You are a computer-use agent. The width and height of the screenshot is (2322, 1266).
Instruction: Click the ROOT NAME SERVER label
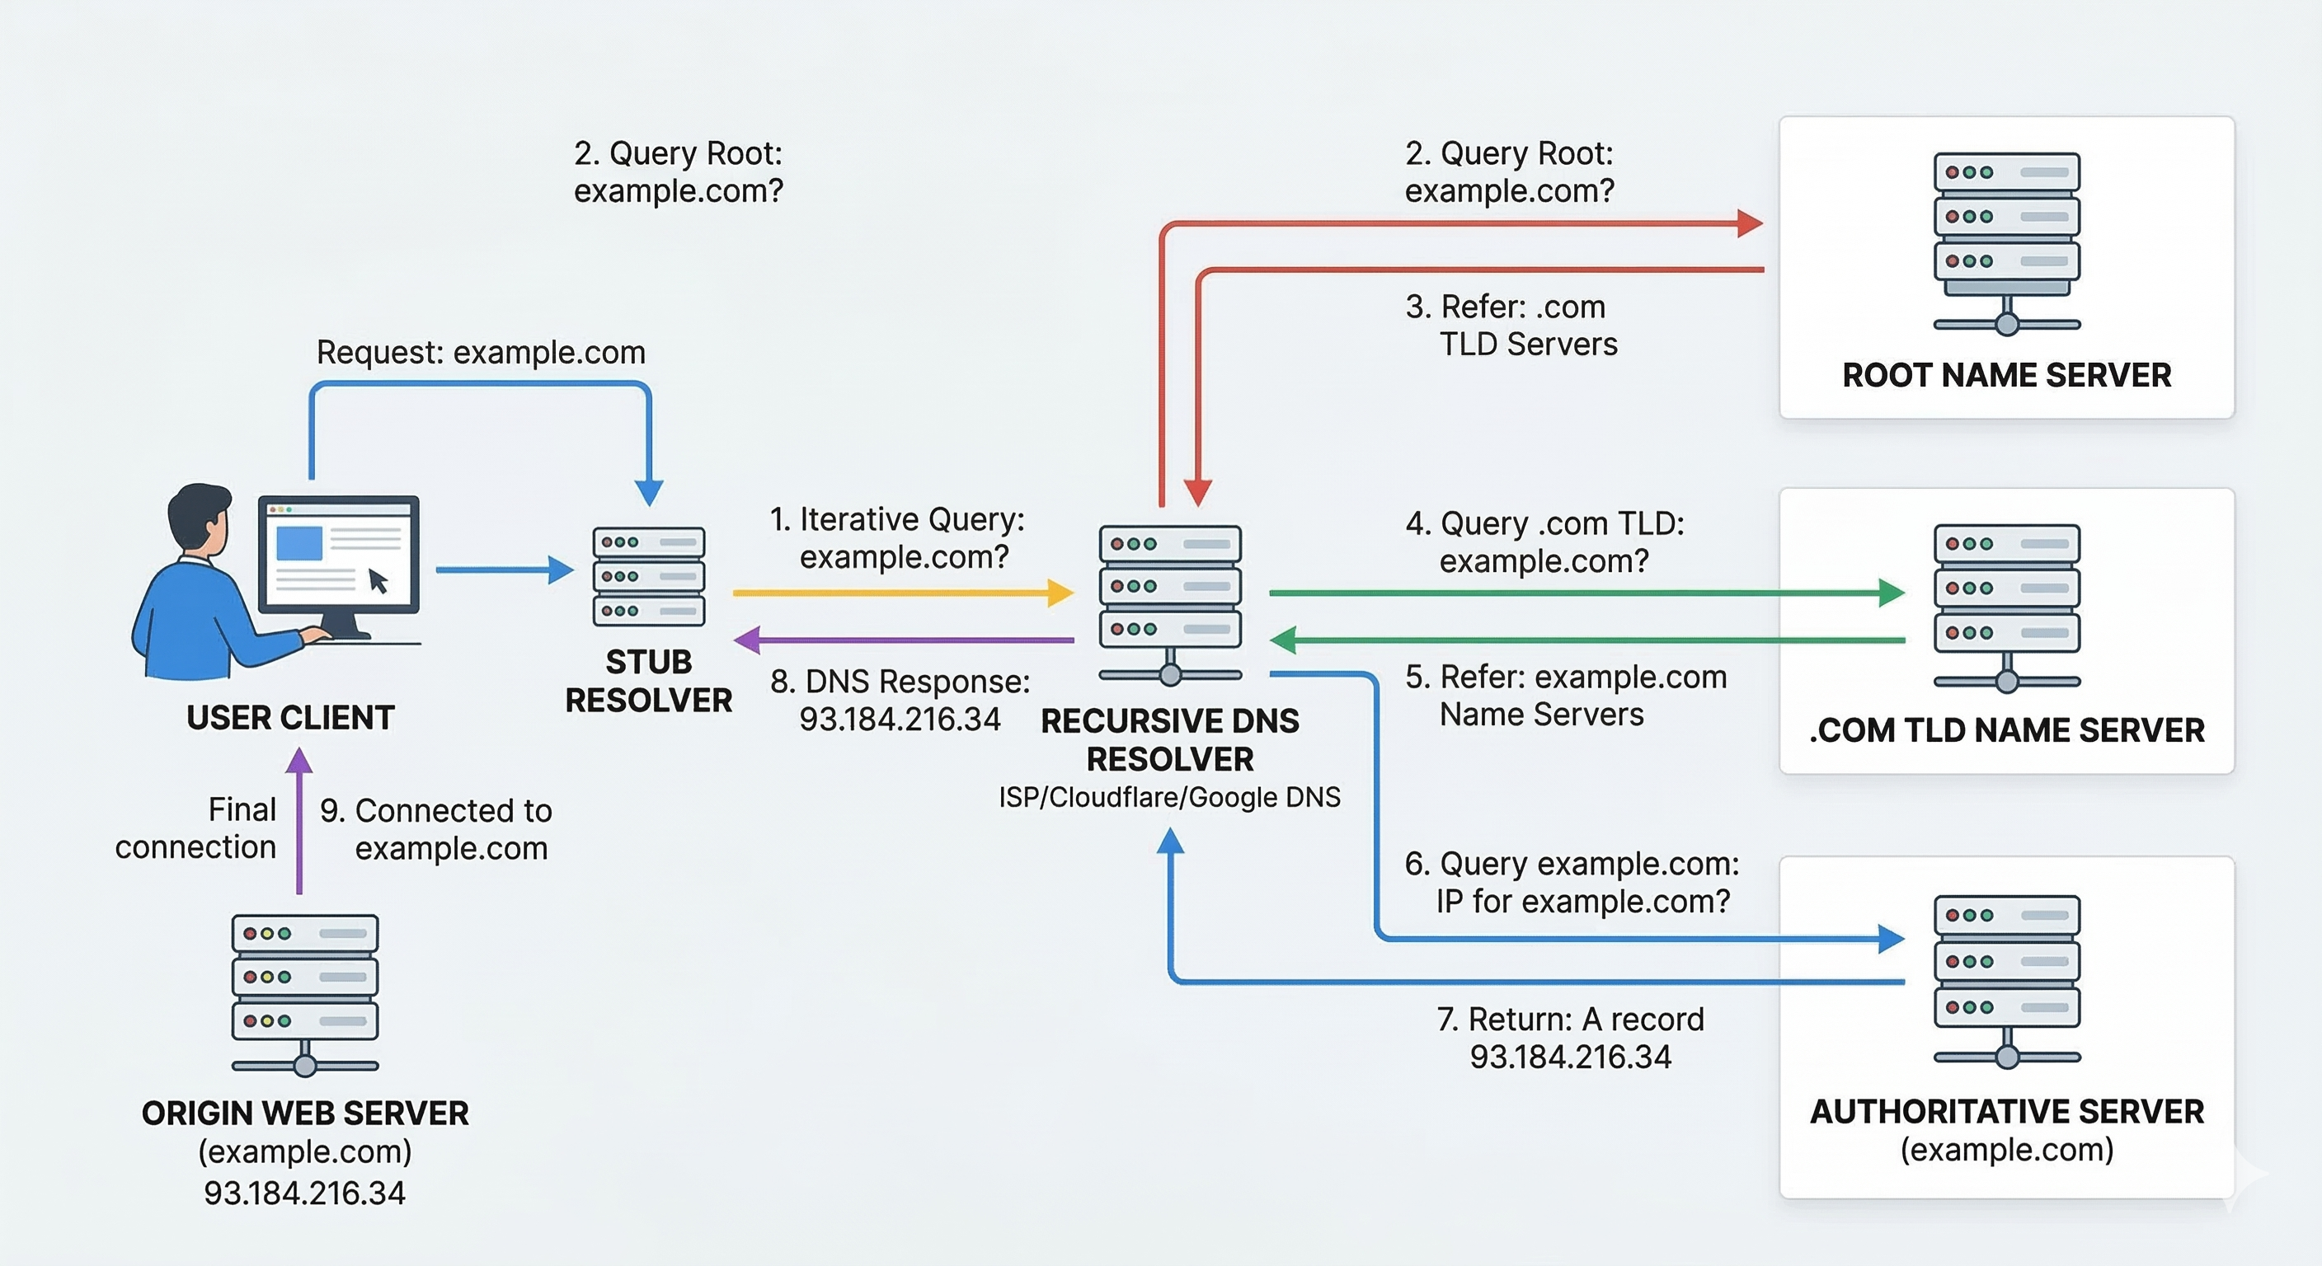pyautogui.click(x=2005, y=375)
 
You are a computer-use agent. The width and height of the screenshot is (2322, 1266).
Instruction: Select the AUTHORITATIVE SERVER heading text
pyautogui.click(x=2005, y=1111)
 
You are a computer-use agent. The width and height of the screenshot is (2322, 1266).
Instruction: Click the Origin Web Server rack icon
pyautogui.click(x=304, y=992)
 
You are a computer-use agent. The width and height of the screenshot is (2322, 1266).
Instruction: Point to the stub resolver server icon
pyautogui.click(x=648, y=577)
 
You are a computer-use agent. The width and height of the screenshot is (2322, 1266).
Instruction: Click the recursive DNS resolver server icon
pyautogui.click(x=1169, y=599)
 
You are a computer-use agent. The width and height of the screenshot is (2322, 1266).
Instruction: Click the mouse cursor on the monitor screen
pyautogui.click(x=378, y=581)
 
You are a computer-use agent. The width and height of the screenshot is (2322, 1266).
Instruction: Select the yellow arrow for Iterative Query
pyautogui.click(x=901, y=593)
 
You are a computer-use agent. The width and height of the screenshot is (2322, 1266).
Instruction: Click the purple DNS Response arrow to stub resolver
pyautogui.click(x=901, y=640)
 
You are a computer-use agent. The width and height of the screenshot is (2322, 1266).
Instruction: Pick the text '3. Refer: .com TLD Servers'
pyautogui.click(x=1511, y=326)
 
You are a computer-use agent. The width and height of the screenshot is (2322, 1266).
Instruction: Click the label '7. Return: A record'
pyautogui.click(x=1569, y=1019)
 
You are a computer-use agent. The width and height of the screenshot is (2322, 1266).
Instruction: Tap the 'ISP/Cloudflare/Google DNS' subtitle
pyautogui.click(x=1169, y=798)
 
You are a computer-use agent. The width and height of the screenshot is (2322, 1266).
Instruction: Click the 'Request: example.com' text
pyautogui.click(x=481, y=352)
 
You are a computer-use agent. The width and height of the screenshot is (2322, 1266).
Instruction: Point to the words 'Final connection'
pyautogui.click(x=196, y=828)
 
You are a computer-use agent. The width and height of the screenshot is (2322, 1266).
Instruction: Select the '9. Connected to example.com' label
pyautogui.click(x=436, y=829)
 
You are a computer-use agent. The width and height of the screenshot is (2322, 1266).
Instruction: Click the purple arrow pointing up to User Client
pyautogui.click(x=299, y=820)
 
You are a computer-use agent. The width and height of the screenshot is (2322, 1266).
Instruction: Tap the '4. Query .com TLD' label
pyautogui.click(x=1544, y=523)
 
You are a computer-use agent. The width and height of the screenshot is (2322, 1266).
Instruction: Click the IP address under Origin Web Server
pyautogui.click(x=304, y=1192)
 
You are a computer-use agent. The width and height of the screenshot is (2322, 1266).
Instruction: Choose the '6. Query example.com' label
pyautogui.click(x=1571, y=864)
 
